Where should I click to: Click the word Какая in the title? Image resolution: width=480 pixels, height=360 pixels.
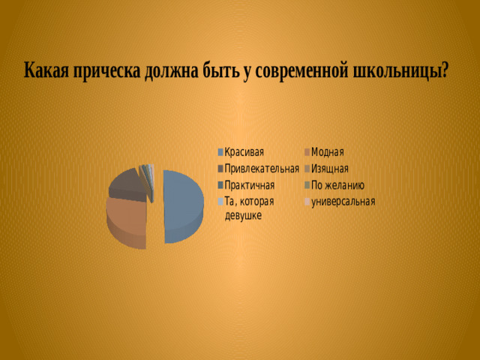pyautogui.click(x=46, y=70)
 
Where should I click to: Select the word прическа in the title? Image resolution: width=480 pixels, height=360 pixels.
pyautogui.click(x=106, y=72)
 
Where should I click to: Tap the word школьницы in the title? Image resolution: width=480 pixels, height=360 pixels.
pyautogui.click(x=400, y=72)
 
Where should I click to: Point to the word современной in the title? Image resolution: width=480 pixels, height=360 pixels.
pyautogui.click(x=301, y=72)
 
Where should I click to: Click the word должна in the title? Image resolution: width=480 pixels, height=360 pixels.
pyautogui.click(x=172, y=72)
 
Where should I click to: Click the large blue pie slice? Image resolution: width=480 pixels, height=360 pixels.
pyautogui.click(x=183, y=205)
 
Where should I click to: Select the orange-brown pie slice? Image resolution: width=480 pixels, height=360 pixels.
pyautogui.click(x=126, y=222)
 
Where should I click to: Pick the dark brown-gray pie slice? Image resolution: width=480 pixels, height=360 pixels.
pyautogui.click(x=128, y=185)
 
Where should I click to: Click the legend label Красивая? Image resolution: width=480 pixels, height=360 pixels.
pyautogui.click(x=244, y=152)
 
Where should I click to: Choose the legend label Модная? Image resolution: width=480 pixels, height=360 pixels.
pyautogui.click(x=327, y=152)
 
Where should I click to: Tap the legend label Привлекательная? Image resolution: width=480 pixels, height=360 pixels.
pyautogui.click(x=262, y=169)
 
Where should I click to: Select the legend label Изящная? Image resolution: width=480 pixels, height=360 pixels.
pyautogui.click(x=330, y=169)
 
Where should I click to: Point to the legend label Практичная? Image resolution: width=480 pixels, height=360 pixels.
pyautogui.click(x=250, y=185)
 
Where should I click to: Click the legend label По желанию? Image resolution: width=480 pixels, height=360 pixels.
pyautogui.click(x=337, y=185)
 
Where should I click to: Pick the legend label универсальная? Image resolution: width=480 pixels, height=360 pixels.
pyautogui.click(x=343, y=202)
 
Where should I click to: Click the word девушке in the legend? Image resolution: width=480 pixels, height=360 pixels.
pyautogui.click(x=243, y=215)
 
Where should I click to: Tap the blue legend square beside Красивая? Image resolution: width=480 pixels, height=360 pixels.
pyautogui.click(x=220, y=152)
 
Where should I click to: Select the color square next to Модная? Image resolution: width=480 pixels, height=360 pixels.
pyautogui.click(x=307, y=152)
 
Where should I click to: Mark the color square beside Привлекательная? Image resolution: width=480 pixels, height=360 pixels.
pyautogui.click(x=220, y=169)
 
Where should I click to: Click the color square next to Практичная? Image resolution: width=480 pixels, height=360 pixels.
pyautogui.click(x=220, y=185)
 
